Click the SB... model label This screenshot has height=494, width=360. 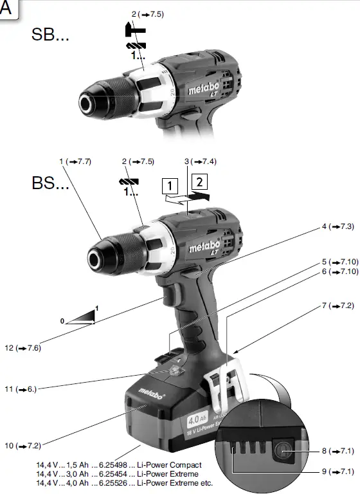click(50, 35)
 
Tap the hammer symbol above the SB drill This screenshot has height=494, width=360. click(136, 29)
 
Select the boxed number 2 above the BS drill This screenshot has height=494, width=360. click(200, 181)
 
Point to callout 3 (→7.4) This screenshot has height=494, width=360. click(200, 161)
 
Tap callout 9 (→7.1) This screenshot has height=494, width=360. click(337, 472)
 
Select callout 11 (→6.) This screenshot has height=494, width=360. click(24, 389)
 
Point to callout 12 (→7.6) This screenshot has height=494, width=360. click(24, 348)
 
